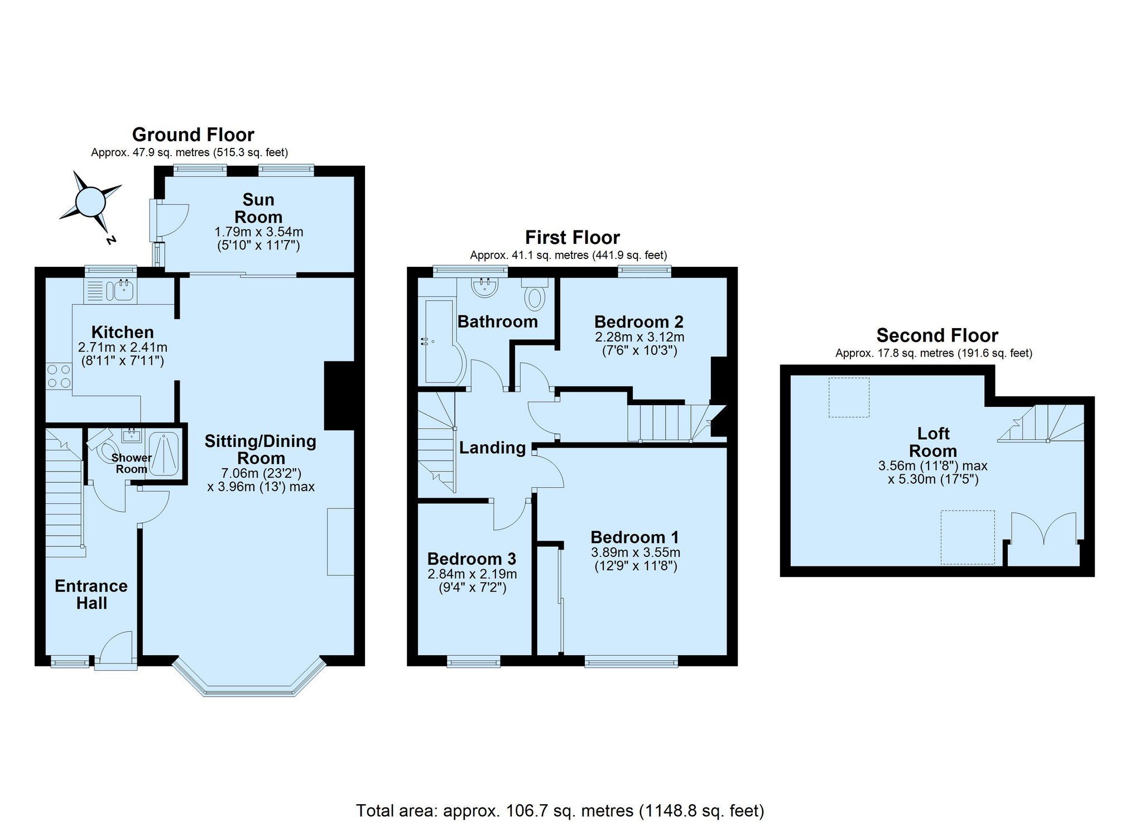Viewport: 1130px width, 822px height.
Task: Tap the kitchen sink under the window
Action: point(121,290)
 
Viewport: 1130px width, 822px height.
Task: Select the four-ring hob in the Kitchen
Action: point(59,376)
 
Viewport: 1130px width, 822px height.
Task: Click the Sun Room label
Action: point(258,208)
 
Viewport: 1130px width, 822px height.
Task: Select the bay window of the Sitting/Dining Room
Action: point(249,678)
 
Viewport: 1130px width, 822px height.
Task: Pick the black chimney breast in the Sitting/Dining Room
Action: point(339,396)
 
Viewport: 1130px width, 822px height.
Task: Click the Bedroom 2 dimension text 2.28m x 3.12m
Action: point(639,337)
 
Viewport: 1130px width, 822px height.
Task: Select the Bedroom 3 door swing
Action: point(511,515)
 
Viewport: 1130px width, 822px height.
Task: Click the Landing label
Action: point(492,448)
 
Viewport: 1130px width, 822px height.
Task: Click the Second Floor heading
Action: point(937,335)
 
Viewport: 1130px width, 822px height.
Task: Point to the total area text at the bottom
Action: point(560,810)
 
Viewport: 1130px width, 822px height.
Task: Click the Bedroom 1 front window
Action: point(631,662)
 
